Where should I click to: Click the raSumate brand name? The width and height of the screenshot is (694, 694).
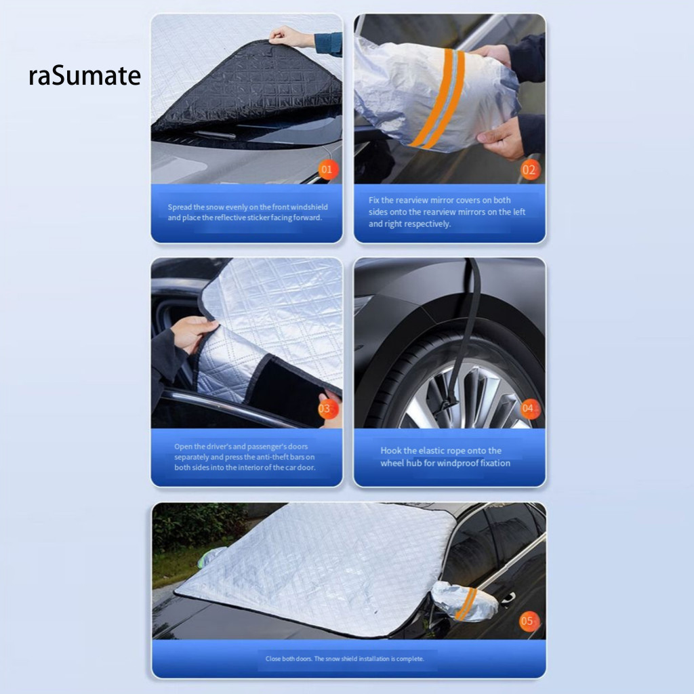[85, 75]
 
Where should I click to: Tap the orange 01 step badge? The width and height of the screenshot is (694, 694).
[327, 169]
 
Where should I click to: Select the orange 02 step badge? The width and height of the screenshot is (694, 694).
[529, 170]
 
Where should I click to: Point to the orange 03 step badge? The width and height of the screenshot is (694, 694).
[329, 409]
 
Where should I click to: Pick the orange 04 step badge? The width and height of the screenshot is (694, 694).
[530, 408]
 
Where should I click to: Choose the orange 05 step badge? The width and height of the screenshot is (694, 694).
[529, 621]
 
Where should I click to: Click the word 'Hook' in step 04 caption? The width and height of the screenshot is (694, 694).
[391, 451]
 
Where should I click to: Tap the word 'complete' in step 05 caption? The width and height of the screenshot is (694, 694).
[410, 659]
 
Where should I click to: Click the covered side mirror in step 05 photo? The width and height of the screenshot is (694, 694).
[465, 601]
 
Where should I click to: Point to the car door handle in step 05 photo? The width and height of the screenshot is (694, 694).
[508, 598]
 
